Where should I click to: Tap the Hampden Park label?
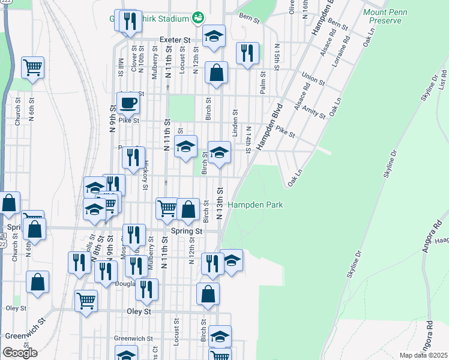[255, 205]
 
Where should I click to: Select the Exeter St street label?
[175, 40]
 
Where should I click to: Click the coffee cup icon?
[127, 103]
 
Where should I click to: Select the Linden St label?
[235, 120]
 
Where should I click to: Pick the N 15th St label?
[277, 55]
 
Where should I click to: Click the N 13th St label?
[220, 199]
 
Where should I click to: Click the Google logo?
[20, 352]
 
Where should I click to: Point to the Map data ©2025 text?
[423, 355]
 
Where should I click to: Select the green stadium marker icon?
[197, 19]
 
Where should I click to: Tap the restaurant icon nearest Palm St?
[247, 53]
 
